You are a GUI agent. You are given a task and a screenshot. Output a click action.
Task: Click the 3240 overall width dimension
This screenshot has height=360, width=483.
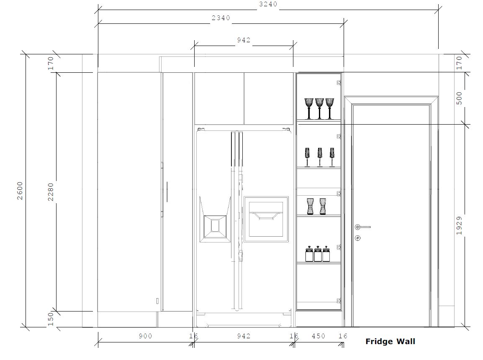click(268, 4)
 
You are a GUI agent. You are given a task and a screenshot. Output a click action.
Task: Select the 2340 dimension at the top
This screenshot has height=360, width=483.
click(221, 18)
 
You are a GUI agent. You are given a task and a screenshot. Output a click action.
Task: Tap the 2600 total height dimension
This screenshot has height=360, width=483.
click(20, 191)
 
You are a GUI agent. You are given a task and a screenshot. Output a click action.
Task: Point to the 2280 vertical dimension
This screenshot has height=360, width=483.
click(51, 192)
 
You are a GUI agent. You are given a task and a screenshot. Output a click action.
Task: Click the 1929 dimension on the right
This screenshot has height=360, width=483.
click(459, 225)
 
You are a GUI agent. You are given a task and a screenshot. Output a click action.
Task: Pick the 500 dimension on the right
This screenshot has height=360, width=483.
click(459, 98)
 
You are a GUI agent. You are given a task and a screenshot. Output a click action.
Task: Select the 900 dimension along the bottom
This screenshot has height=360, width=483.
click(145, 336)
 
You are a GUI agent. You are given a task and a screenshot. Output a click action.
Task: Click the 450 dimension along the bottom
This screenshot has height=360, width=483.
click(318, 336)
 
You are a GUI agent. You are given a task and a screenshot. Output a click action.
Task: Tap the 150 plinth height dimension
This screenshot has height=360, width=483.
click(51, 319)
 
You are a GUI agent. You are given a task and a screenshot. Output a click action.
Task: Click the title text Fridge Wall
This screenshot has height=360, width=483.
click(390, 341)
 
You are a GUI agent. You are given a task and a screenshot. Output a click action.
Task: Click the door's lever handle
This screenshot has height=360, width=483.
click(362, 227)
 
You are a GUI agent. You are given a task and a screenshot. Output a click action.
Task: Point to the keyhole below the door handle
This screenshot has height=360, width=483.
click(357, 238)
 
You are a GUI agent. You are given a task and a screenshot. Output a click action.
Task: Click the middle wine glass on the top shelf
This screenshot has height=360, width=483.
click(319, 109)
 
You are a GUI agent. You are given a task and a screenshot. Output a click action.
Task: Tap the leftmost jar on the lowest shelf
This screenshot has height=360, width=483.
click(309, 254)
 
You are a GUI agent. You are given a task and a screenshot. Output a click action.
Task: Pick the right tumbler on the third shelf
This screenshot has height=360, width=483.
click(323, 206)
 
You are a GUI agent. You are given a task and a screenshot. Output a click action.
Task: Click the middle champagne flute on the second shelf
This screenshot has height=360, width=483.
click(320, 157)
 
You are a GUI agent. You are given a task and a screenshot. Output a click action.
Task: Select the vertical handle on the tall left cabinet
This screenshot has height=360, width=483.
click(167, 191)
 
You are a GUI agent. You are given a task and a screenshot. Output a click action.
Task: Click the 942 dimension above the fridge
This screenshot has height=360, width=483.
click(244, 40)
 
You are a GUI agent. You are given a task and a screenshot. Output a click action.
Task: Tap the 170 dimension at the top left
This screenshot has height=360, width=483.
click(51, 63)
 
